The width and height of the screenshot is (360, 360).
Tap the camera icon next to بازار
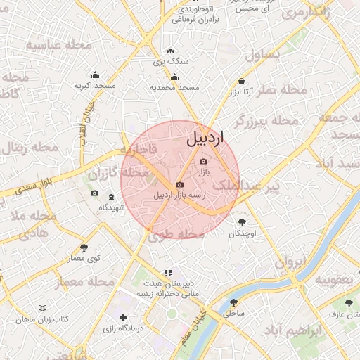(x=203, y=162)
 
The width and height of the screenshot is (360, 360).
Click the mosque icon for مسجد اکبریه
(x=95, y=75)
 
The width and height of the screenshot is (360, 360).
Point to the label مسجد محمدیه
(x=174, y=87)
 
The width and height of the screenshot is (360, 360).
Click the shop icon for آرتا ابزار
(x=241, y=81)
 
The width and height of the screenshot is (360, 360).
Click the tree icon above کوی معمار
(x=84, y=247)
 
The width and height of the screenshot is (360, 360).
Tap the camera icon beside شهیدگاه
(x=94, y=193)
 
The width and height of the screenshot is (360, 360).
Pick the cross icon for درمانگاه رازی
(x=124, y=317)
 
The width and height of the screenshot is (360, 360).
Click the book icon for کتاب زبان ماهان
(x=43, y=308)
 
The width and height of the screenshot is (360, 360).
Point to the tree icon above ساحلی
(x=233, y=302)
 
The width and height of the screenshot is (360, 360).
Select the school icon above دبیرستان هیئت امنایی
(x=167, y=273)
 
